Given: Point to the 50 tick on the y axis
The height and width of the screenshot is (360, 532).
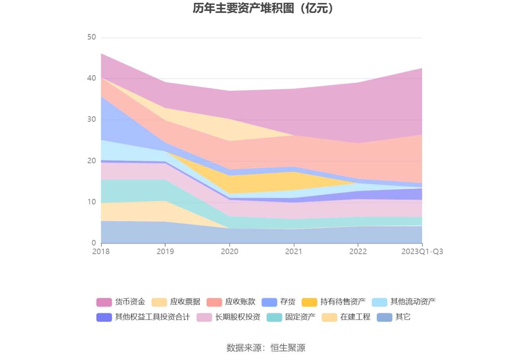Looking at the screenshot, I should pos(92,37).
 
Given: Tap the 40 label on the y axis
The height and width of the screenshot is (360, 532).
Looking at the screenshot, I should pos(92,78).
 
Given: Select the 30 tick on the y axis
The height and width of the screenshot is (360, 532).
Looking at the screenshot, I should pos(92,119).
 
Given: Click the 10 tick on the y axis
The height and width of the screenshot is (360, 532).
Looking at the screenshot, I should pos(92,202).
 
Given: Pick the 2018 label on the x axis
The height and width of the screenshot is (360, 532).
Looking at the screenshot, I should pos(101,251).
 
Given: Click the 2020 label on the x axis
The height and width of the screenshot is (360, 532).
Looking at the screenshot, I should pos(230,251).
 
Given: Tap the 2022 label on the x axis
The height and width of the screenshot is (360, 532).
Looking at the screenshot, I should pos(358,251).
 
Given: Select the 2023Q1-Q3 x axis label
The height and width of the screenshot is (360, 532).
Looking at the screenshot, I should pos(422,251).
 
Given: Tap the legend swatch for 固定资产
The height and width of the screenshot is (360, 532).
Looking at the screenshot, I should pos(274,317).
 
